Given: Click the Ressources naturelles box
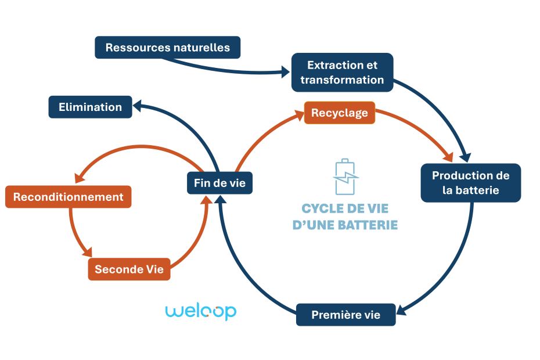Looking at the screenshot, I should [167, 48].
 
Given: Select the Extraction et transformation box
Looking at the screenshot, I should [342, 73].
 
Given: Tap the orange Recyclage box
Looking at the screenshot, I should [340, 113].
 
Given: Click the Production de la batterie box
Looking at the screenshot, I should [470, 183].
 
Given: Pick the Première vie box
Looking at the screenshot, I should [345, 315].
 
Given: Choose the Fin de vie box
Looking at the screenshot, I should [219, 183].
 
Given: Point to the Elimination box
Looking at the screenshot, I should [90, 107].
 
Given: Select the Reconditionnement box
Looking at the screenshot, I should [68, 197].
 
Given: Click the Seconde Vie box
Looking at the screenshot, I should [129, 269].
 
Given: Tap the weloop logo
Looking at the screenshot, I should [200, 311].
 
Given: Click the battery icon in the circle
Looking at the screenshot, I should [345, 177].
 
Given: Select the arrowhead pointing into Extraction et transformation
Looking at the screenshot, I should [286, 73].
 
